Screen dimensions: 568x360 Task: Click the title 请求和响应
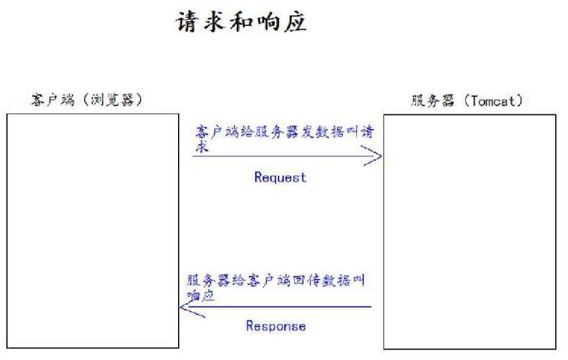[241, 21]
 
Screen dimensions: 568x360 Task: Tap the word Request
[280, 177]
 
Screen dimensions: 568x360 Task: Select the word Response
[276, 326]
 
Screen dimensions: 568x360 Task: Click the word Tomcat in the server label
[493, 101]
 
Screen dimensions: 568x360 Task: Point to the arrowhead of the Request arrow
[381, 156]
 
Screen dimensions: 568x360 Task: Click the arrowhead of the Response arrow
[181, 307]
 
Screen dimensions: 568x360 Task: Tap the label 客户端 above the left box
[53, 100]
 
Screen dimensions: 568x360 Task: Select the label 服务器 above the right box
[432, 100]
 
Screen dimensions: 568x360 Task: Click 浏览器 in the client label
[113, 100]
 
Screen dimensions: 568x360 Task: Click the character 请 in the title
[187, 22]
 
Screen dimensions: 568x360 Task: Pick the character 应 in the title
[295, 22]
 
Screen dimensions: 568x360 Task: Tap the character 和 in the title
[241, 22]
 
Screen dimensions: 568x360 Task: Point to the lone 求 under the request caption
[202, 147]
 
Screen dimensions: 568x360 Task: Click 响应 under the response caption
[201, 295]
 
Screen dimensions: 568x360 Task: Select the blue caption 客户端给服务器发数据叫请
[285, 132]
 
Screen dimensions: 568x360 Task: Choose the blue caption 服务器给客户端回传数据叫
[276, 280]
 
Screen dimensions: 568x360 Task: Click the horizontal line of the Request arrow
[287, 156]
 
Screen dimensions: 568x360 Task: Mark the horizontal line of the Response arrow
[276, 307]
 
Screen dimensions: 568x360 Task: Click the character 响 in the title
[268, 22]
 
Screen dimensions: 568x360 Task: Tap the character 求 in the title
[215, 22]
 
